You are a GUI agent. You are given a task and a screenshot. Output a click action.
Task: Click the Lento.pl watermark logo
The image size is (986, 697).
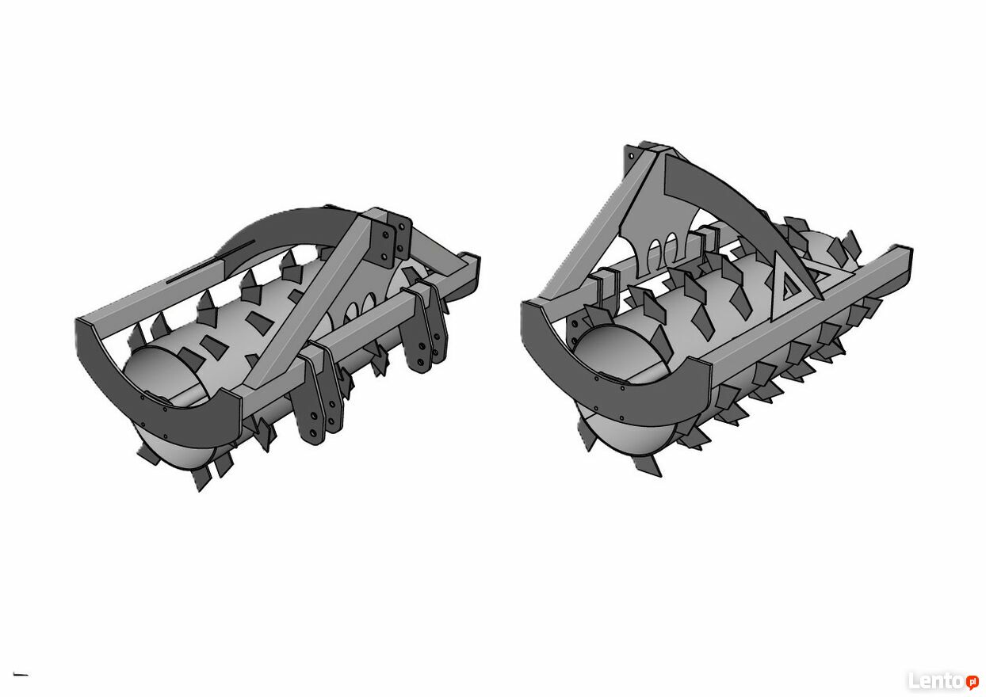click(943, 681)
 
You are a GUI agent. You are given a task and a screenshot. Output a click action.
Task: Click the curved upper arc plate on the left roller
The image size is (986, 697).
click(281, 229)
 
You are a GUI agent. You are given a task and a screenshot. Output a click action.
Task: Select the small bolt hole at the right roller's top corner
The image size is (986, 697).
click(632, 156)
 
